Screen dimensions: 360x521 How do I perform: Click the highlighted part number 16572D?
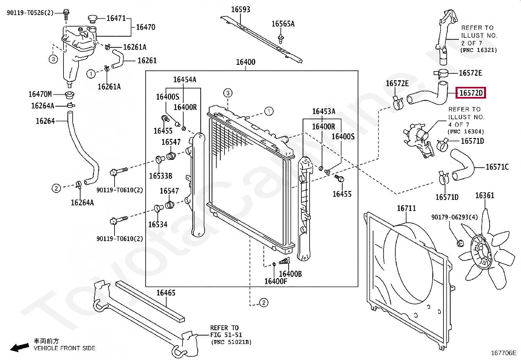[471, 93]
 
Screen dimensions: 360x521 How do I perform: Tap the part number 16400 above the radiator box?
[245, 62]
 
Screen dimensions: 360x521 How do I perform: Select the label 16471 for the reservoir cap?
[116, 18]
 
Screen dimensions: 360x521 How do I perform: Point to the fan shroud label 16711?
[406, 208]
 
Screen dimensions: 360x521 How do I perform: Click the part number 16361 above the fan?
[484, 196]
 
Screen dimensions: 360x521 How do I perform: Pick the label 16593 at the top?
[241, 9]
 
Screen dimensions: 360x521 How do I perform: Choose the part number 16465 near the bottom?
[166, 293]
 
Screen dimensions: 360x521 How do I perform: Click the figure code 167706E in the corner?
[503, 353]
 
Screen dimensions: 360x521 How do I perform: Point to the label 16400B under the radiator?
[290, 274]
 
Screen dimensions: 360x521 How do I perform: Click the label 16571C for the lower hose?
[497, 167]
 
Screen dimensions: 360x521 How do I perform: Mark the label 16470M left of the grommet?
[40, 94]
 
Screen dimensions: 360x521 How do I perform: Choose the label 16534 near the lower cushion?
[158, 224]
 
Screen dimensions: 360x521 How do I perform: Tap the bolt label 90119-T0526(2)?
[30, 13]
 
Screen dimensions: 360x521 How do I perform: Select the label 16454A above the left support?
[185, 80]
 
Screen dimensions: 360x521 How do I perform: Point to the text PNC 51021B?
[231, 342]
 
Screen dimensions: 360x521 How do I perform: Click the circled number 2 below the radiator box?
[263, 302]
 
